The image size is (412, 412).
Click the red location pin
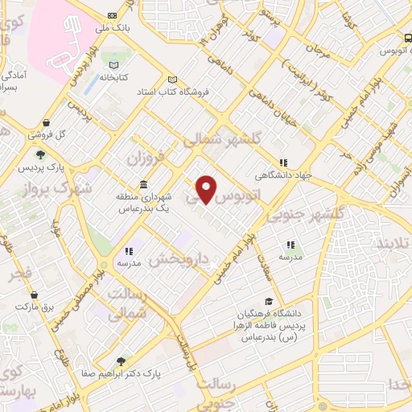click(208, 188)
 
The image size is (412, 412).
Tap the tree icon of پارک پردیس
click(38, 154)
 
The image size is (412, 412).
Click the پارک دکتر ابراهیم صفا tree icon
click(120, 361)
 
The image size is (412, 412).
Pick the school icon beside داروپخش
click(129, 251)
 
